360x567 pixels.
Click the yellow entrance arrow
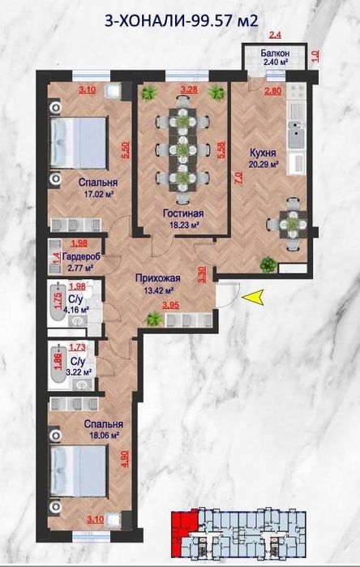pos(252,297)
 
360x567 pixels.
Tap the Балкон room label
pos(276,54)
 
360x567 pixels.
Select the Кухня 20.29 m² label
pos(263,158)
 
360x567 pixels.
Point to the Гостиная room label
pos(183,213)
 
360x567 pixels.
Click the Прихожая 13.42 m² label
pos(158,284)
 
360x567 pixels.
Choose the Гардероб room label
pos(81,257)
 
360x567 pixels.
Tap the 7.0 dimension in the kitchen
pos(238,178)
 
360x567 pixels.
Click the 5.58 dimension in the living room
pos(221,149)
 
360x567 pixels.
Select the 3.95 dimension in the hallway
pos(170,305)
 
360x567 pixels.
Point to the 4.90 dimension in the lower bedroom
pos(125,458)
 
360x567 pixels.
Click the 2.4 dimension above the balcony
pos(276,35)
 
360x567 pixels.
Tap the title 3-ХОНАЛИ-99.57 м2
pos(182,21)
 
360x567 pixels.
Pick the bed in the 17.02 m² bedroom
pos(79,143)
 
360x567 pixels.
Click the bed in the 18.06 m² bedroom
pos(79,470)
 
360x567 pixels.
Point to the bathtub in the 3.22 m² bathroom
pos(58,363)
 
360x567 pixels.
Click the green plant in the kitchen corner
pos(268,264)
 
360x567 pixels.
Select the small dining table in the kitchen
pos(293,224)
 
